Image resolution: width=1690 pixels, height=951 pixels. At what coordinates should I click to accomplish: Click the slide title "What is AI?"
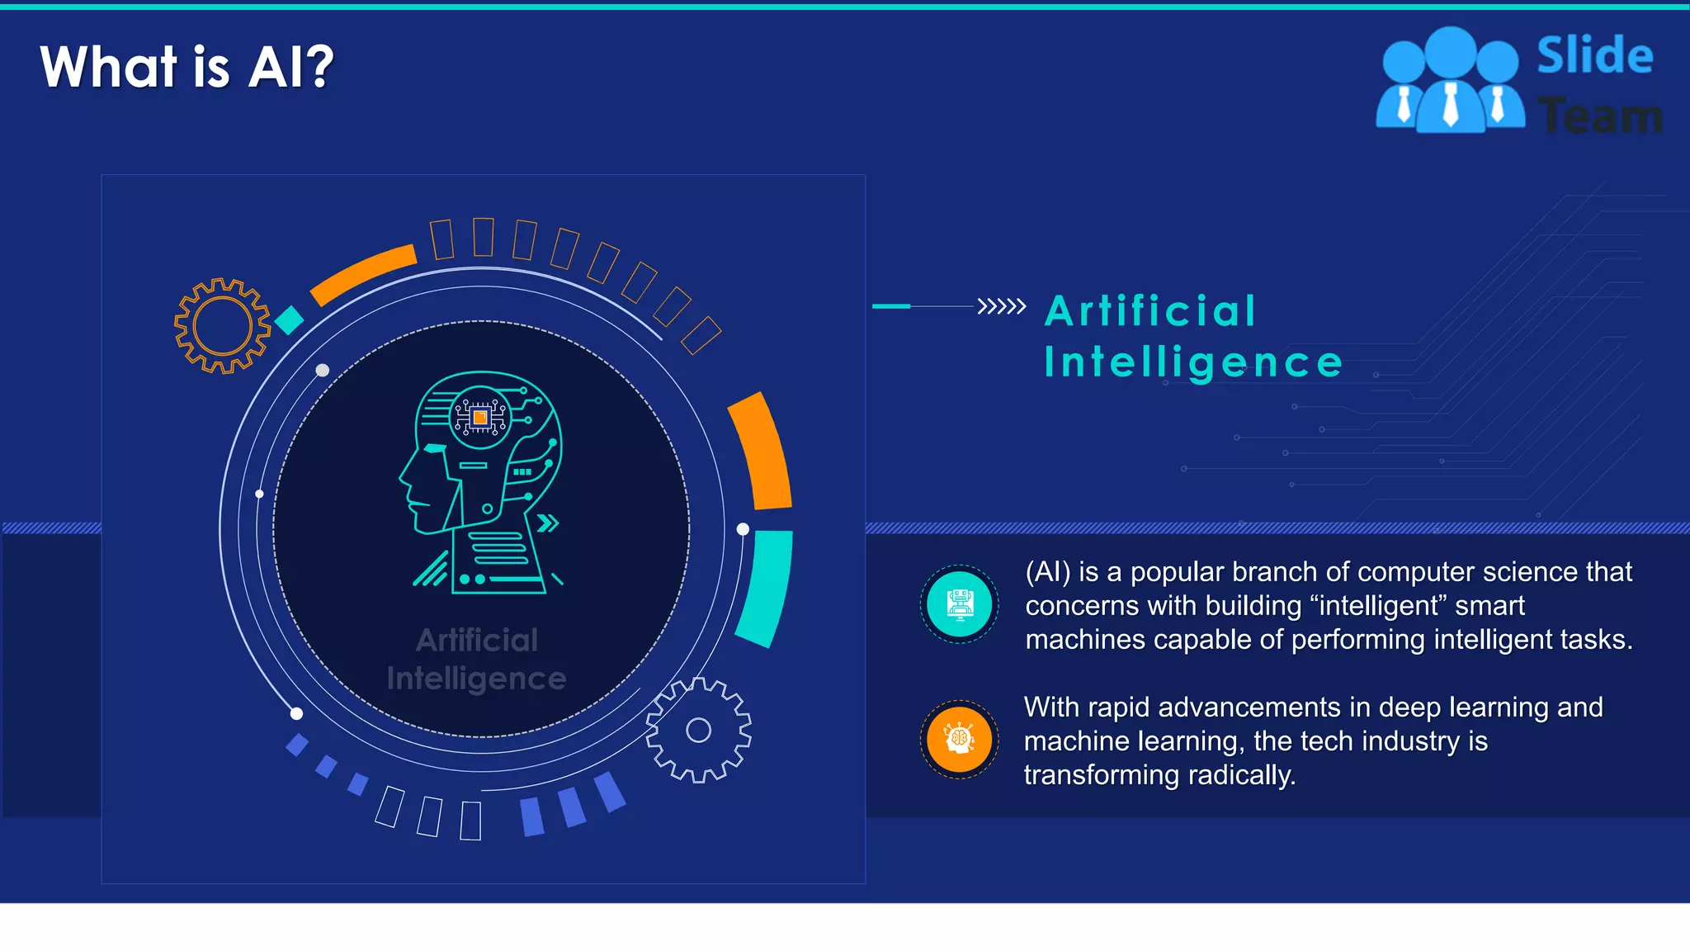pyautogui.click(x=186, y=67)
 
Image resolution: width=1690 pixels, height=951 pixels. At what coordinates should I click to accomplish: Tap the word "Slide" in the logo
pyautogui.click(x=1594, y=56)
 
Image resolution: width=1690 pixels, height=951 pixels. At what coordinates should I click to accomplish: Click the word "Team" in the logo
pyautogui.click(x=1600, y=116)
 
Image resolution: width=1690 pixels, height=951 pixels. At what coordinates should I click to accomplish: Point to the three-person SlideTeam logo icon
pyautogui.click(x=1450, y=81)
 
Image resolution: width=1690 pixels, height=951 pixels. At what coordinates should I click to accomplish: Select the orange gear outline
pyautogui.click(x=222, y=325)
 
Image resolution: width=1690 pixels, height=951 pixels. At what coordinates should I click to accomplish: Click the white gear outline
pyautogui.click(x=698, y=730)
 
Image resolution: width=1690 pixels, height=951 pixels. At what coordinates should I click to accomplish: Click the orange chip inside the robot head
pyautogui.click(x=480, y=418)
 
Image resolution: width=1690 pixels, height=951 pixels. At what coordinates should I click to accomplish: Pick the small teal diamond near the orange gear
pyautogui.click(x=289, y=320)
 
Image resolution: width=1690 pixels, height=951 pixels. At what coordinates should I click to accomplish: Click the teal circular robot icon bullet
pyautogui.click(x=959, y=605)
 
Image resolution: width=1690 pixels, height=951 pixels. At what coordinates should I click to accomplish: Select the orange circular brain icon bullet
pyautogui.click(x=959, y=740)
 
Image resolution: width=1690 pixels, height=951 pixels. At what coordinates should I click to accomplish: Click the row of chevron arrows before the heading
pyautogui.click(x=1001, y=306)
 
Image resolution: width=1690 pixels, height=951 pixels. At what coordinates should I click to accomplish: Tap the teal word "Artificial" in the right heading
pyautogui.click(x=1150, y=311)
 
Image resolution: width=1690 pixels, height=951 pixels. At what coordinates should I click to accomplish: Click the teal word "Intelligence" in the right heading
pyautogui.click(x=1193, y=362)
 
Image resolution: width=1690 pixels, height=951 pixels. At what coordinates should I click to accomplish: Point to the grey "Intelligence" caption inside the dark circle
pyautogui.click(x=476, y=679)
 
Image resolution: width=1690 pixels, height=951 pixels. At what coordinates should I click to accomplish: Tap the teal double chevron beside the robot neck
pyautogui.click(x=547, y=523)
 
